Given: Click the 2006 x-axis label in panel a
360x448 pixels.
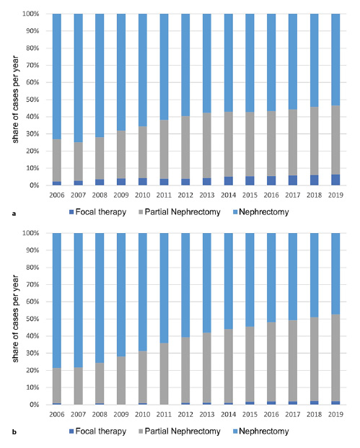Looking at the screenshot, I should pyautogui.click(x=57, y=195).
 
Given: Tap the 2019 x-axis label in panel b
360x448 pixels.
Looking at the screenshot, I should pyautogui.click(x=335, y=414).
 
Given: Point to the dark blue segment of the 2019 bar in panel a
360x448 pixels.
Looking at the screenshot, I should pyautogui.click(x=335, y=180).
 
